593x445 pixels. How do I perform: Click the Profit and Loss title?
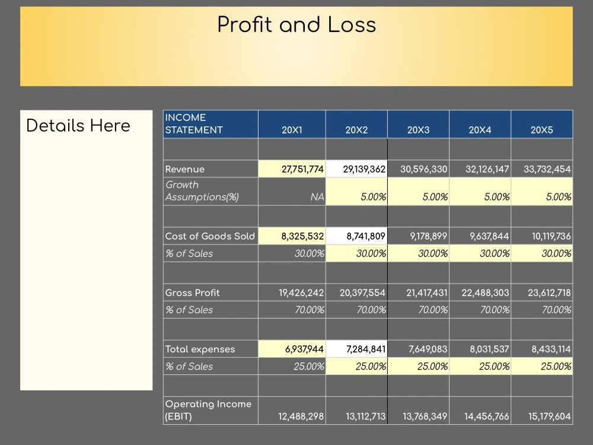(296, 25)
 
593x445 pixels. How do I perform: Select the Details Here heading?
(78, 126)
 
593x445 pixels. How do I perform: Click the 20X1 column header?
(292, 130)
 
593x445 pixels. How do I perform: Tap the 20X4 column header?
(480, 130)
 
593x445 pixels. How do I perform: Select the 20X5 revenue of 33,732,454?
(547, 169)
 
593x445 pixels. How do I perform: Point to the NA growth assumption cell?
(317, 197)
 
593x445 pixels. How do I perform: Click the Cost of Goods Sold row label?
(210, 236)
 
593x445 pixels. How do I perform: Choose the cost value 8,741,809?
(365, 236)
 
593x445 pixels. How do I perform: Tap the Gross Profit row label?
(192, 293)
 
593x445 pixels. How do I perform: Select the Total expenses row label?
(200, 349)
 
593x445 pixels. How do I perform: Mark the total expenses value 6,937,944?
(304, 349)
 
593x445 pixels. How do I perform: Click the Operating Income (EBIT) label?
(208, 410)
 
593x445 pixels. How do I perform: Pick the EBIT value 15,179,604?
(549, 417)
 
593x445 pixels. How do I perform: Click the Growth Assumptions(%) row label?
(202, 191)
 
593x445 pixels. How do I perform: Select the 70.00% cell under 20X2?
(371, 310)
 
